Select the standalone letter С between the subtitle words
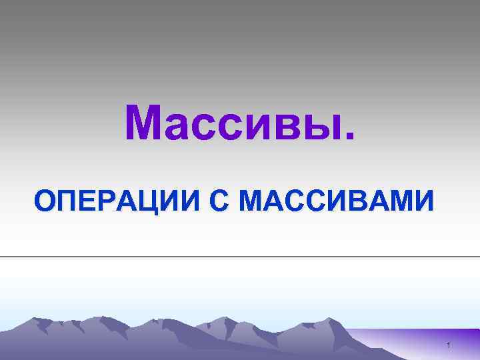coord(218,201)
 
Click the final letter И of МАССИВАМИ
coord(425,201)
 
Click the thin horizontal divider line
coord(240,256)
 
